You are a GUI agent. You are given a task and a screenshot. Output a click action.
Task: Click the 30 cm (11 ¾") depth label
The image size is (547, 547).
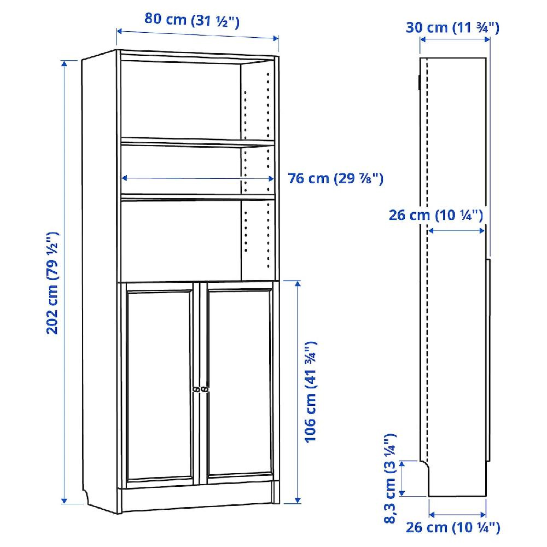452,28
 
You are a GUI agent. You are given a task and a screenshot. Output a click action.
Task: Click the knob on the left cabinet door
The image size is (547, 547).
196,388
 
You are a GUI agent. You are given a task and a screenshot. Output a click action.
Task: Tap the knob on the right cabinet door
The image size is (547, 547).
205,388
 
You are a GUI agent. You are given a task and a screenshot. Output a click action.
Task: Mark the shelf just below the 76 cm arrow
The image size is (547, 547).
197,195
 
